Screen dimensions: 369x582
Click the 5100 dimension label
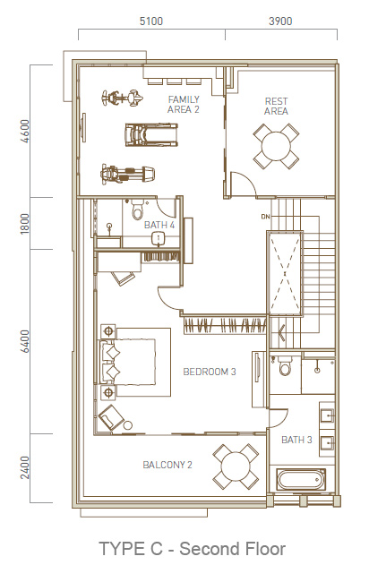point(151,21)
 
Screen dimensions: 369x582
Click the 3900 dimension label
point(280,21)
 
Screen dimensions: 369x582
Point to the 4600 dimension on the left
point(25,131)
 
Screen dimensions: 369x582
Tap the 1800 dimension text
point(25,224)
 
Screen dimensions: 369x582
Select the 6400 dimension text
point(25,341)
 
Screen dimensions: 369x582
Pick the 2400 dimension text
point(25,467)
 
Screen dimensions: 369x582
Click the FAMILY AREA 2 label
point(184,104)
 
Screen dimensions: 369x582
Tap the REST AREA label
point(276,107)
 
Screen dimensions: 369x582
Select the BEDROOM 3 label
point(210,372)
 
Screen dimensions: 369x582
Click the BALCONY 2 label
point(167,465)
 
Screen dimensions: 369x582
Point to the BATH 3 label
point(296,440)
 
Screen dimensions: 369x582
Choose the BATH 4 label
point(159,225)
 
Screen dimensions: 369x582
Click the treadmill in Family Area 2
point(151,134)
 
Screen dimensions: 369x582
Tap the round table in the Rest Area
point(276,146)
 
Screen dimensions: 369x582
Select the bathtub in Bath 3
point(301,479)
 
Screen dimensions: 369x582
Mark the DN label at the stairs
point(265,217)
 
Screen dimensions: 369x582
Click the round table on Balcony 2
point(236,466)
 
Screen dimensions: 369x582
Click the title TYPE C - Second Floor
point(193,549)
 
